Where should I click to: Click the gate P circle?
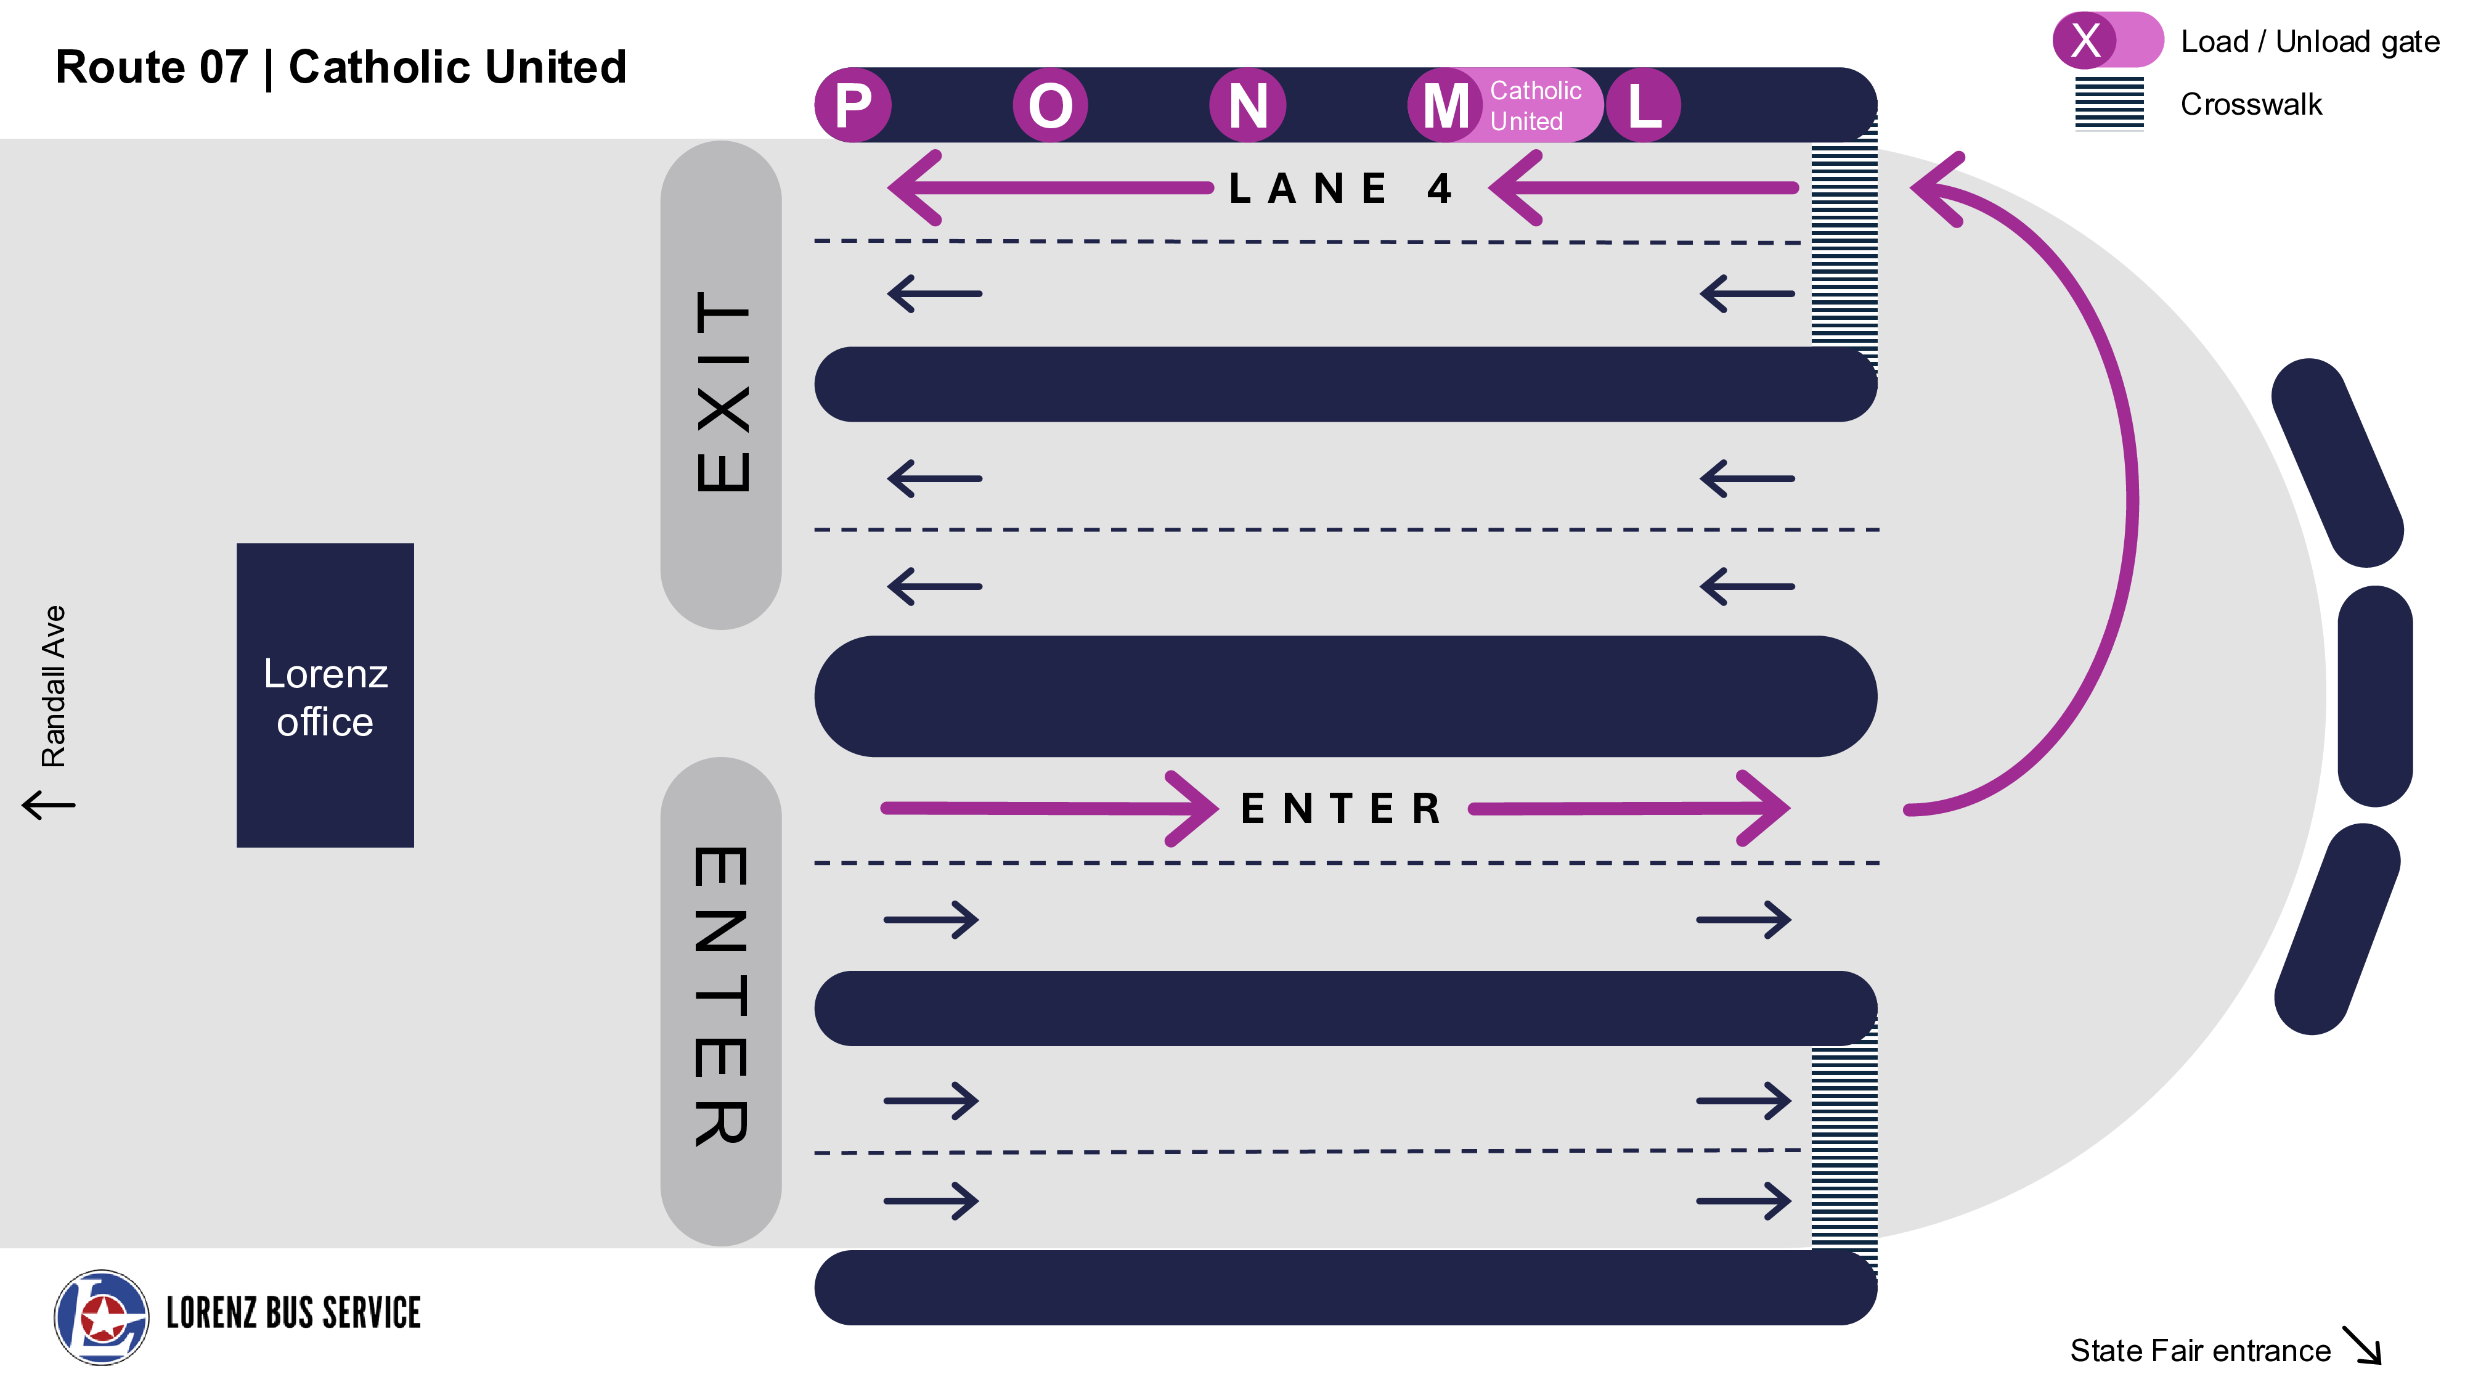(853, 105)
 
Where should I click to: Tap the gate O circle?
(1051, 105)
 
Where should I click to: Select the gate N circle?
(1248, 105)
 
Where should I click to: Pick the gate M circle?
(1445, 105)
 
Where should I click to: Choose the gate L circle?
(1643, 105)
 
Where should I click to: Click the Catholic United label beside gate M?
(1535, 105)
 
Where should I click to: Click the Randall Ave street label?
(54, 685)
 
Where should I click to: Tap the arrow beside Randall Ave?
(48, 804)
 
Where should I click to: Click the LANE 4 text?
(1340, 189)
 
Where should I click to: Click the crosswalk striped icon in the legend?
(2109, 104)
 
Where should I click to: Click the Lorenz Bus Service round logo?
(102, 1317)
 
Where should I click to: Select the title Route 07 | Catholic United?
(341, 67)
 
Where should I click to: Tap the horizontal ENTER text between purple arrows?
(1340, 809)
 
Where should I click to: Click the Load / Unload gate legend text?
(2310, 41)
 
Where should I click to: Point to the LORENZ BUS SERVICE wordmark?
(294, 1313)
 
